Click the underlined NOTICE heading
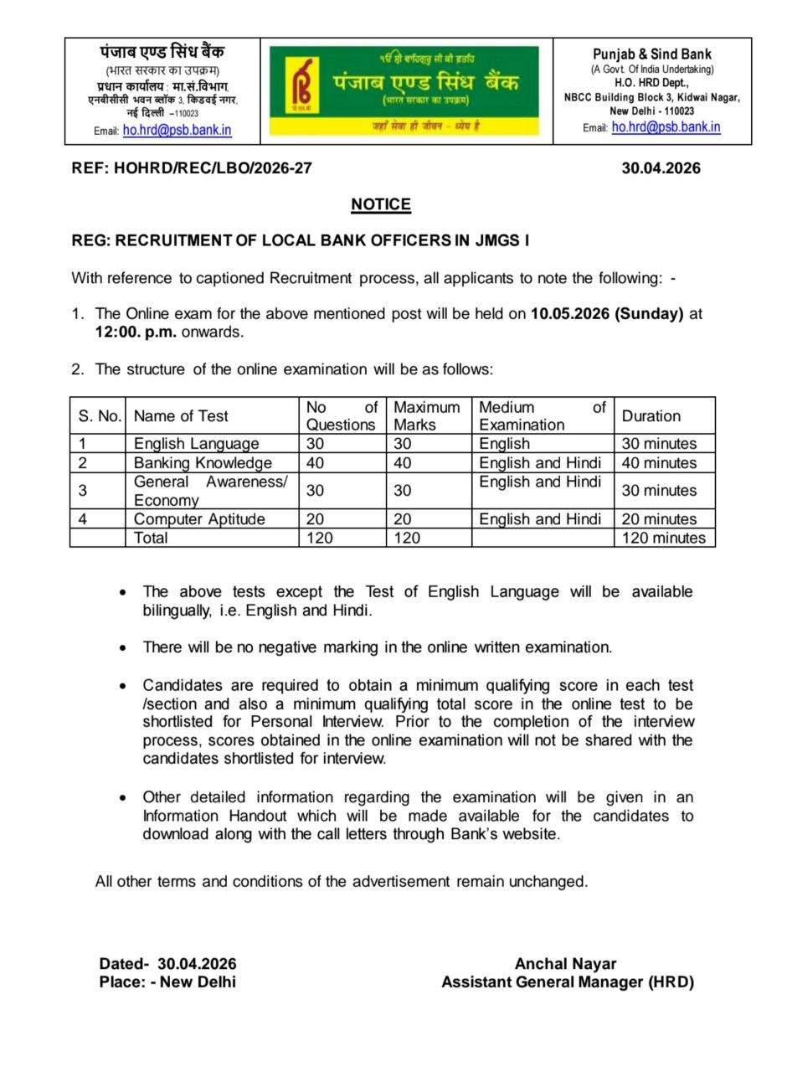click(381, 204)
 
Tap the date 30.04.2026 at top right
click(661, 168)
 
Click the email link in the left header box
click(177, 130)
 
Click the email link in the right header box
click(666, 127)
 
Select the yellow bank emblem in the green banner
click(301, 85)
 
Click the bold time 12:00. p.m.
click(136, 332)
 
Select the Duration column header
click(651, 416)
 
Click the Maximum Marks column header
click(427, 416)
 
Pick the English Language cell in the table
click(197, 444)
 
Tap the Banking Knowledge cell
click(203, 463)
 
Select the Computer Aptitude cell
click(199, 519)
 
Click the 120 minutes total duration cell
click(663, 538)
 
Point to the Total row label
click(151, 538)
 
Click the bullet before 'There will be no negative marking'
click(124, 647)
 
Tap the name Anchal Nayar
click(565, 964)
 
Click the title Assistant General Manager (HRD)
click(568, 982)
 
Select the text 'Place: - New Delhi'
click(167, 982)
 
